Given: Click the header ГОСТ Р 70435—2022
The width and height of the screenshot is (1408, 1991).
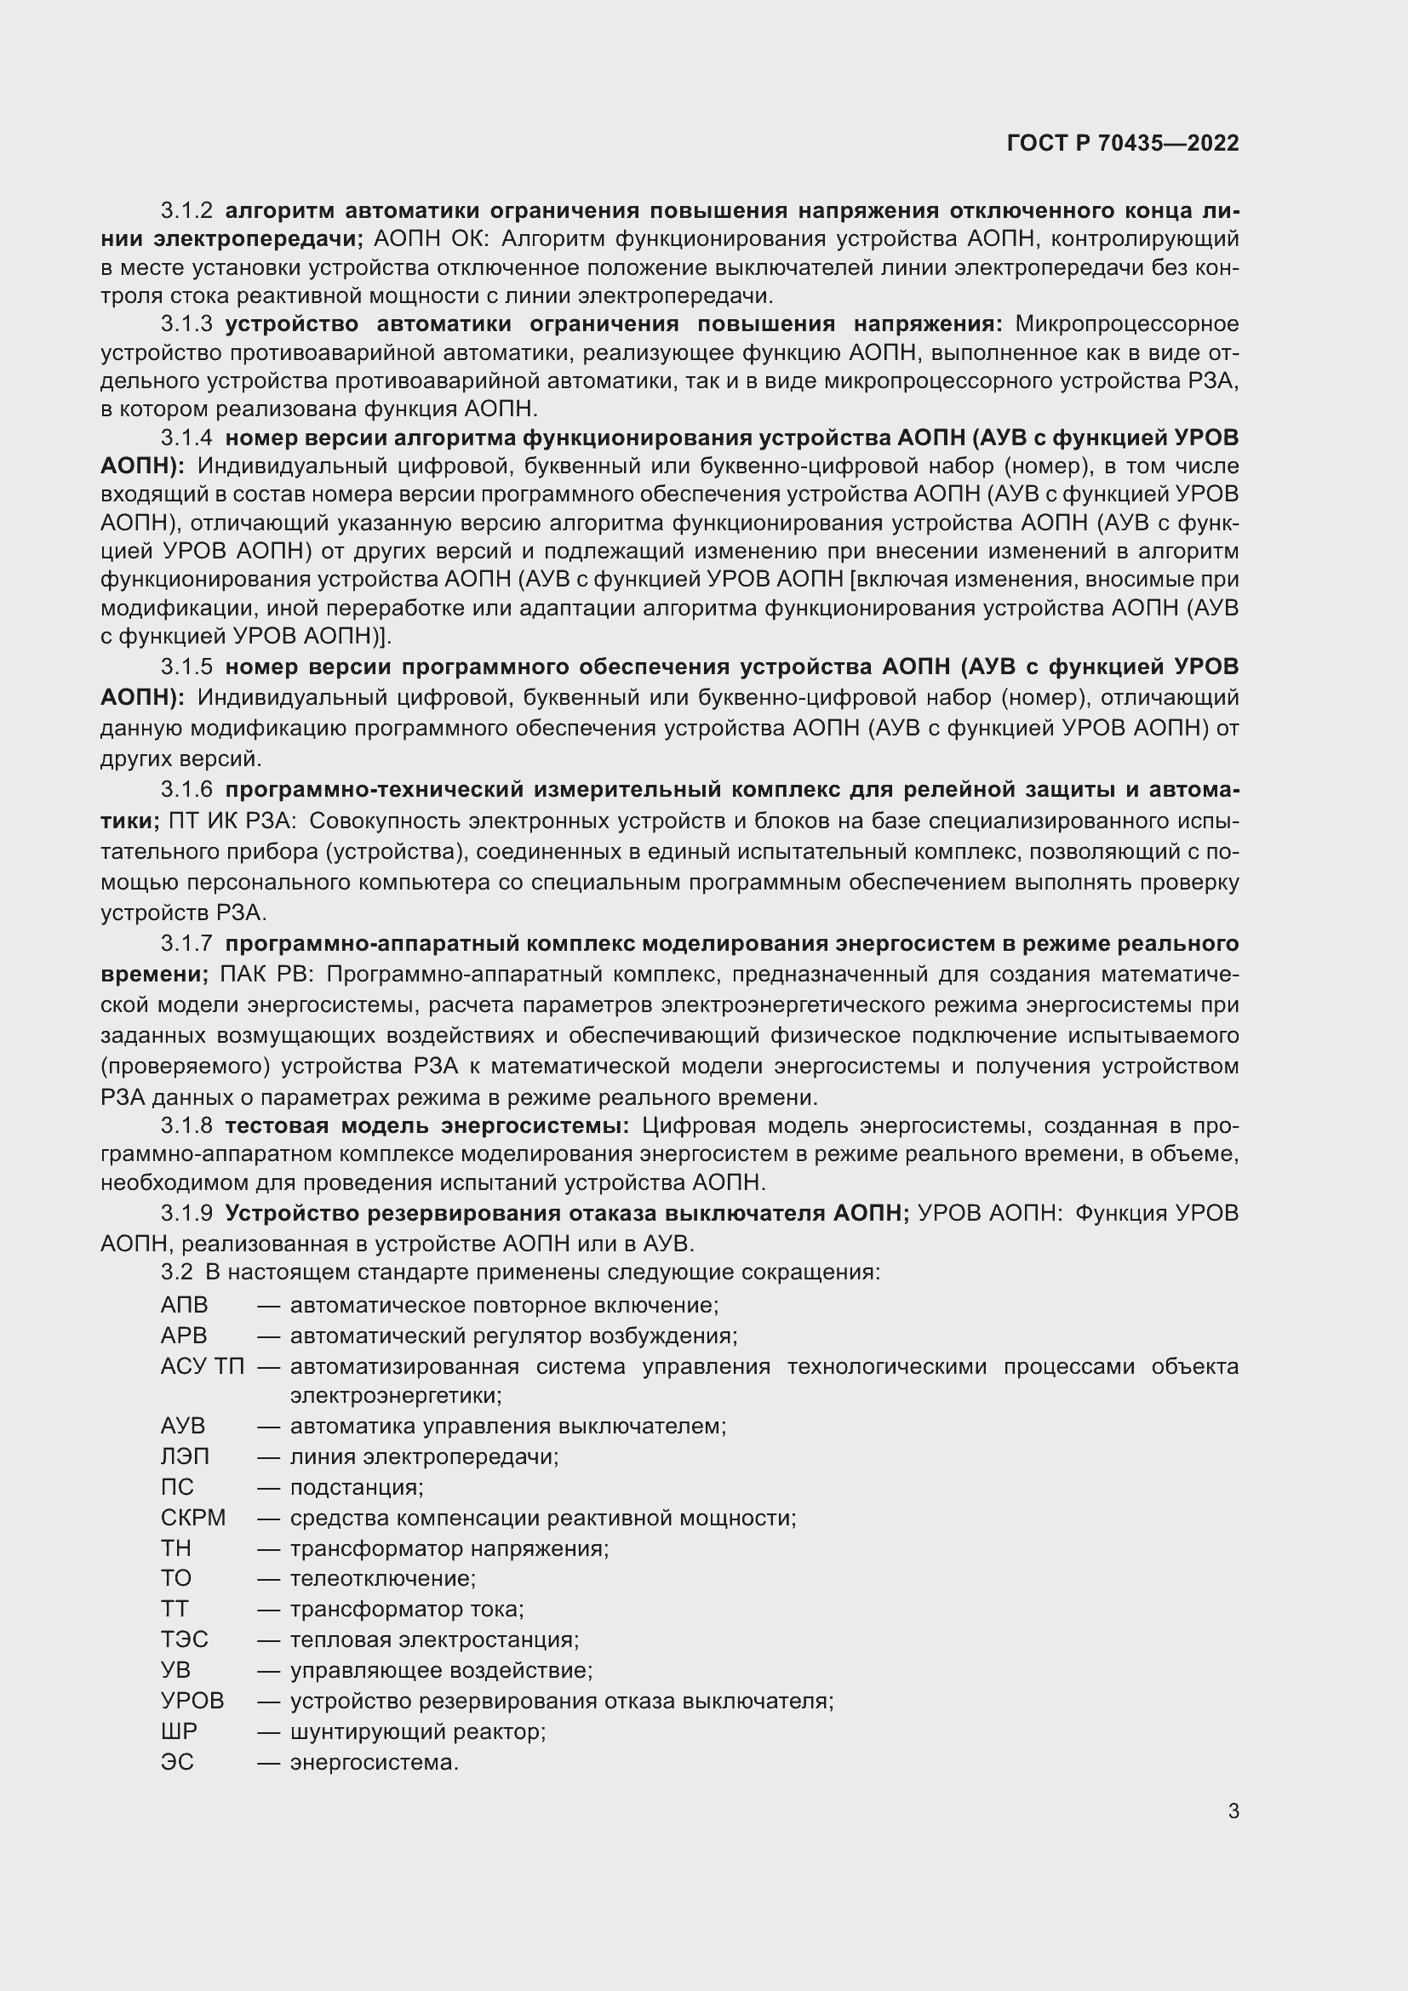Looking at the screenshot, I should click(1123, 143).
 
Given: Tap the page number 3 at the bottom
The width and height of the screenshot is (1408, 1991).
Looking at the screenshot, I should click(1233, 1811).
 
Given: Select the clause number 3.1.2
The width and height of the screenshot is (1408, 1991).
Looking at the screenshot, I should click(186, 211).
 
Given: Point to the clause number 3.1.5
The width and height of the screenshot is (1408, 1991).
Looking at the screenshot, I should click(186, 667).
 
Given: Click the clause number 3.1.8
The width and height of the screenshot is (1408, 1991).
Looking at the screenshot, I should click(186, 1125).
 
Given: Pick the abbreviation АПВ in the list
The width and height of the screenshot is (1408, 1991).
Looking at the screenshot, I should click(184, 1305).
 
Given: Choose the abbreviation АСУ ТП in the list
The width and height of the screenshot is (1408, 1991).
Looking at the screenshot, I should click(203, 1367).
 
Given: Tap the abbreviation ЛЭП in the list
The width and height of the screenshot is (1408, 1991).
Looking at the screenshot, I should click(185, 1456).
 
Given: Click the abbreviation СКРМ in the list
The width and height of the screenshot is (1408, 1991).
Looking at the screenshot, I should click(192, 1519).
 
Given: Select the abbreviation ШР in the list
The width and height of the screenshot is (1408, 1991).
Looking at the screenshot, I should click(179, 1731).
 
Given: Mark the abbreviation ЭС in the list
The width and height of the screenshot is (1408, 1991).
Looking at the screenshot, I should click(177, 1762).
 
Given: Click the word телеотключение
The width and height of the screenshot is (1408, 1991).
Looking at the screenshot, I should click(382, 1578).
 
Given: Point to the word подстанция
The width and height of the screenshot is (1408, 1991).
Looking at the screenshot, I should click(357, 1488).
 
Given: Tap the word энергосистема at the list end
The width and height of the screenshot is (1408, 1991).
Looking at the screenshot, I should click(374, 1762).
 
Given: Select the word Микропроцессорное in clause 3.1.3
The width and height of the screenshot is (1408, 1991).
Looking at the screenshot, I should click(1126, 324).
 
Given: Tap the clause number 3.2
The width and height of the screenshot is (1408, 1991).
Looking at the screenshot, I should click(176, 1272).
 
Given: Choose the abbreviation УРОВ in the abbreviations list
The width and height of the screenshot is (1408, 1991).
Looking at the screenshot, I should click(192, 1701).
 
